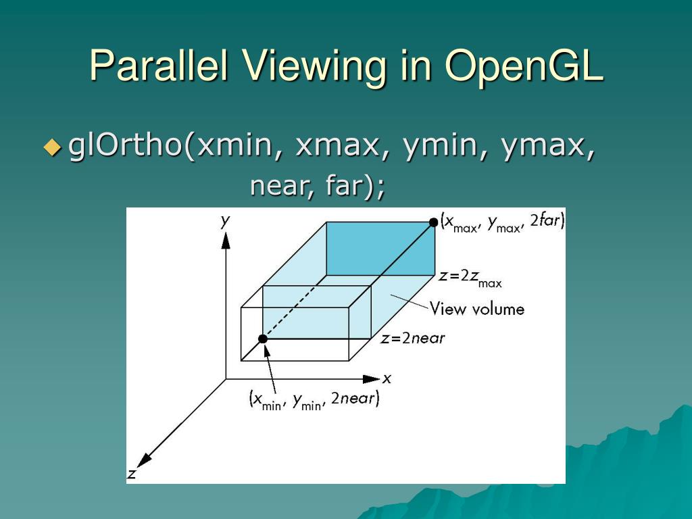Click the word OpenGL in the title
pyautogui.click(x=524, y=66)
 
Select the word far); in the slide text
pyautogui.click(x=355, y=186)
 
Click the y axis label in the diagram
pyautogui.click(x=226, y=220)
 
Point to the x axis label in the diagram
pyautogui.click(x=387, y=378)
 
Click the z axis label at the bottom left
pyautogui.click(x=132, y=474)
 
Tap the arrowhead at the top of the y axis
pyautogui.click(x=226, y=241)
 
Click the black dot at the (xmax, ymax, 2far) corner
pyautogui.click(x=433, y=222)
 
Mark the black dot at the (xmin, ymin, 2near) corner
pyautogui.click(x=263, y=339)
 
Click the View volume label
pyautogui.click(x=477, y=310)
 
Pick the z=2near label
pyautogui.click(x=412, y=339)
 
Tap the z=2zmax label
pyautogui.click(x=470, y=278)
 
